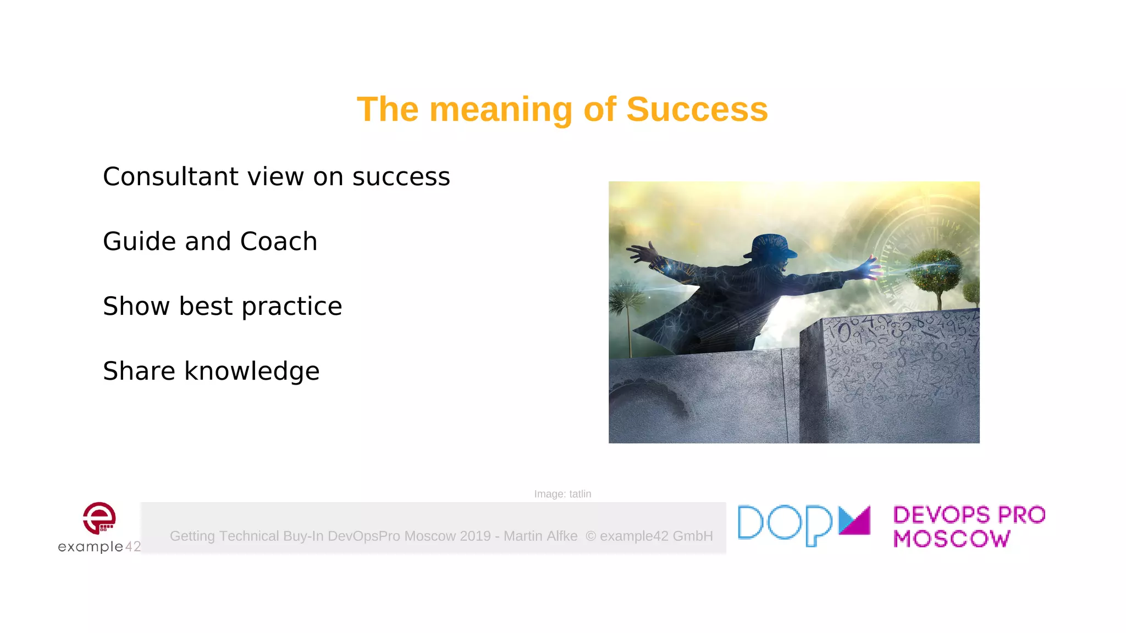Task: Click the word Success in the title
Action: coord(697,109)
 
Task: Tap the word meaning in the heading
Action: coord(501,109)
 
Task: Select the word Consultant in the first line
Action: coord(171,176)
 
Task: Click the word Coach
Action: coord(278,241)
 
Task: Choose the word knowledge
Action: coord(251,371)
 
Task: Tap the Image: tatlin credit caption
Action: coord(562,494)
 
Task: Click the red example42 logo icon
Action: coord(100,518)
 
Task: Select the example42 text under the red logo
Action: coord(99,546)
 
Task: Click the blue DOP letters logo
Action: coord(785,524)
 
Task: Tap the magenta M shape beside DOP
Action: coord(854,520)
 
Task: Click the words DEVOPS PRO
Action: coord(969,515)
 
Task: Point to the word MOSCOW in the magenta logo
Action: coord(951,538)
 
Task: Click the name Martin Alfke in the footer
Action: coord(540,536)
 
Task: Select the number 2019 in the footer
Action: coord(475,536)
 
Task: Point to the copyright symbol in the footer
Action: coord(590,536)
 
